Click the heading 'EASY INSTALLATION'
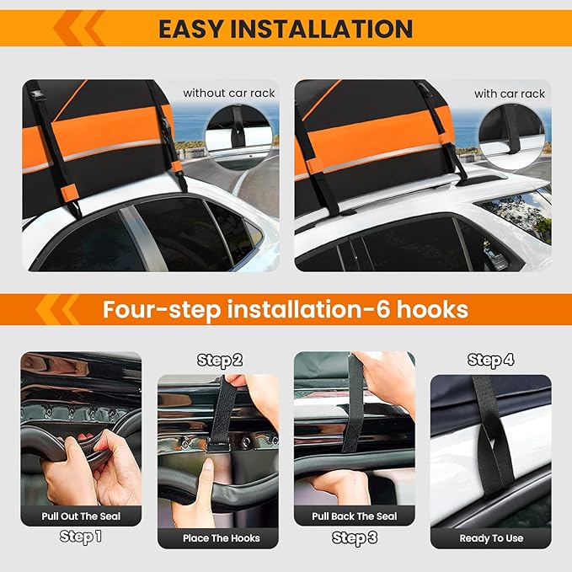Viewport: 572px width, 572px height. point(286,29)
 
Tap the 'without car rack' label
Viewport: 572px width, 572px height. point(229,94)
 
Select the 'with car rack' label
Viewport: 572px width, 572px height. point(509,94)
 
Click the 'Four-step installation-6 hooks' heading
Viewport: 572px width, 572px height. point(286,309)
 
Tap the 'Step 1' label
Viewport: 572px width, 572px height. point(81,536)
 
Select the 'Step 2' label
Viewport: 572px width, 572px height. point(220,361)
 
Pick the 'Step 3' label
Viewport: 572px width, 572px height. point(354,537)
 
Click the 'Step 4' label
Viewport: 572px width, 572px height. point(490,361)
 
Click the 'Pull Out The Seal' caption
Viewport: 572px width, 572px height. point(81,516)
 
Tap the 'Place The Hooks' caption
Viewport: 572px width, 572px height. point(222,537)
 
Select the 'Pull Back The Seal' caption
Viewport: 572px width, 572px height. point(354,516)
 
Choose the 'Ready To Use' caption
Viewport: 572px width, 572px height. point(491,537)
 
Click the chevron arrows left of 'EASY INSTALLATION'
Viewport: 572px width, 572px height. point(80,29)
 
